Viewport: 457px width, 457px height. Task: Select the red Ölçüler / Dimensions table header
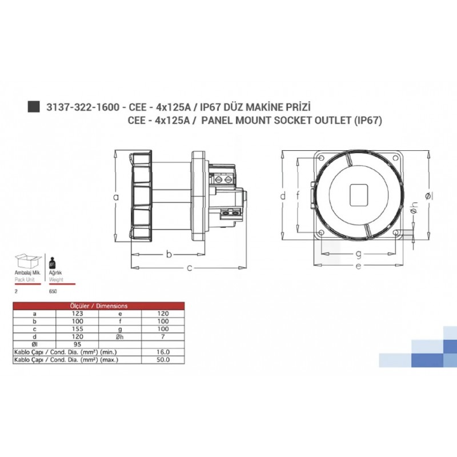point(99,306)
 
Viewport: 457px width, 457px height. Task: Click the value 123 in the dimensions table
point(78,314)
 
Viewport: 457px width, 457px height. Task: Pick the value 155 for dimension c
point(78,329)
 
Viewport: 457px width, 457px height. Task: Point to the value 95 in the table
point(78,344)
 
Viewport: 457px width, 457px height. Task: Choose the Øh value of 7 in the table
point(163,337)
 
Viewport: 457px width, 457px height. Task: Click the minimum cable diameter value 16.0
point(163,352)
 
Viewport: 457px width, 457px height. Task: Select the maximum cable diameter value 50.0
point(163,360)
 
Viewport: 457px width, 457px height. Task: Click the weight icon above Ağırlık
point(53,263)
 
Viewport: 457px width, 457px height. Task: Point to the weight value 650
point(54,291)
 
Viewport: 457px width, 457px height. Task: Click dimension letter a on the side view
point(116,197)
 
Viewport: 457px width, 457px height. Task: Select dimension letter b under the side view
point(169,254)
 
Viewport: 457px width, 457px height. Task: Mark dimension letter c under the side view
point(188,267)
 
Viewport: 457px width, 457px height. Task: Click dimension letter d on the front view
point(282,196)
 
